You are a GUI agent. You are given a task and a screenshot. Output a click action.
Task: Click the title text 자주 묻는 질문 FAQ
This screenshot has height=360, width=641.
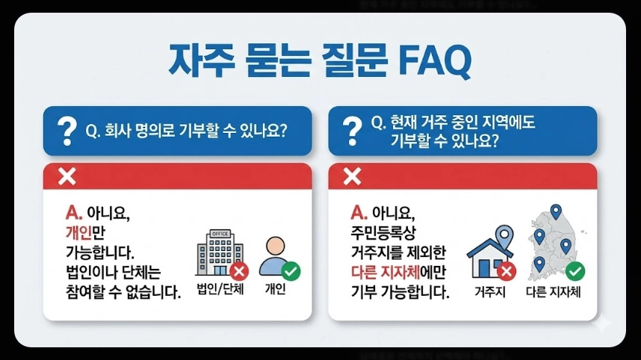(320, 61)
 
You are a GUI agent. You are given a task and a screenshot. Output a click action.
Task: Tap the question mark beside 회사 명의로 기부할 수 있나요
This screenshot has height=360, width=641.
(67, 131)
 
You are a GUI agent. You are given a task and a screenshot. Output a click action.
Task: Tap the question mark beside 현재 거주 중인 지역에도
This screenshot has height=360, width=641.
(350, 131)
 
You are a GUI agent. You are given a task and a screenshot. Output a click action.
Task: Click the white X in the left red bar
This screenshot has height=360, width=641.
(66, 176)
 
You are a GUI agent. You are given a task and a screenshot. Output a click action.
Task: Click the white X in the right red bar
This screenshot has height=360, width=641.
(351, 176)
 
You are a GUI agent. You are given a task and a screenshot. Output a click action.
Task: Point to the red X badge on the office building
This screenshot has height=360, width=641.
(240, 270)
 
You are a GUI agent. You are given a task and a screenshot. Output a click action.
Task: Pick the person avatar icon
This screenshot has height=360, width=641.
(276, 256)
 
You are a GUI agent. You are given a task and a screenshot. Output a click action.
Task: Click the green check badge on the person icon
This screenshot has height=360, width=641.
(291, 270)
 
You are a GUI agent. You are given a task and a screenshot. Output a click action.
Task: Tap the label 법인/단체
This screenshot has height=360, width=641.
(221, 290)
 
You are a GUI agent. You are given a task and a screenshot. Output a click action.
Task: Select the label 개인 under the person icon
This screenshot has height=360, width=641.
(275, 290)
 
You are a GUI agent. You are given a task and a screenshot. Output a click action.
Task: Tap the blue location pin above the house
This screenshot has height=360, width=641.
(504, 238)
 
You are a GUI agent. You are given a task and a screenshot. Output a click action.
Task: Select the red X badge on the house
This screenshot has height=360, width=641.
(507, 271)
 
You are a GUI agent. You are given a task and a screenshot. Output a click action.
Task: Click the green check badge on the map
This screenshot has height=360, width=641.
(575, 270)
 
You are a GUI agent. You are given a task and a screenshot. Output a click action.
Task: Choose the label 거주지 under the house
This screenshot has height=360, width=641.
(490, 291)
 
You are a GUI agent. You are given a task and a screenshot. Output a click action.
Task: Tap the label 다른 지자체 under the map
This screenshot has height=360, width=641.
(553, 291)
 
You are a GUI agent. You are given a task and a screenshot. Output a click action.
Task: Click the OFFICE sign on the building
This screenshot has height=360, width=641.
(220, 234)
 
